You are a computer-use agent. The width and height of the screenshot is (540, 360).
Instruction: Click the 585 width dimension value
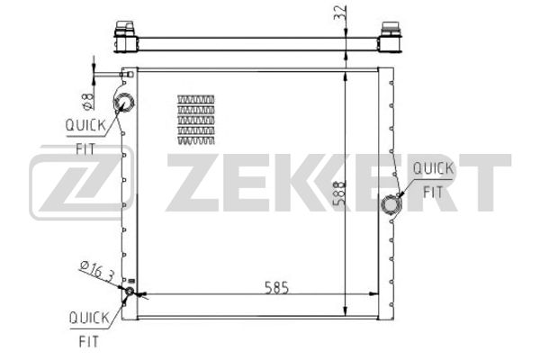(276, 288)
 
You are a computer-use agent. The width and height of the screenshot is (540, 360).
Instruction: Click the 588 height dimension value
(340, 193)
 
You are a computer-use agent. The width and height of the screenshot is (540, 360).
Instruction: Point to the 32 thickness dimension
(340, 13)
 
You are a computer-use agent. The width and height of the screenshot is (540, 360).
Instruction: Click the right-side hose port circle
(391, 204)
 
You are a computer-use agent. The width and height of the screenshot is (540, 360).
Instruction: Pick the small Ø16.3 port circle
(130, 291)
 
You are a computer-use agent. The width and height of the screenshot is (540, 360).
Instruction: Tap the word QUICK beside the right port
(433, 168)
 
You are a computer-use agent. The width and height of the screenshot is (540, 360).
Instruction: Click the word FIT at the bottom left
(89, 342)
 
